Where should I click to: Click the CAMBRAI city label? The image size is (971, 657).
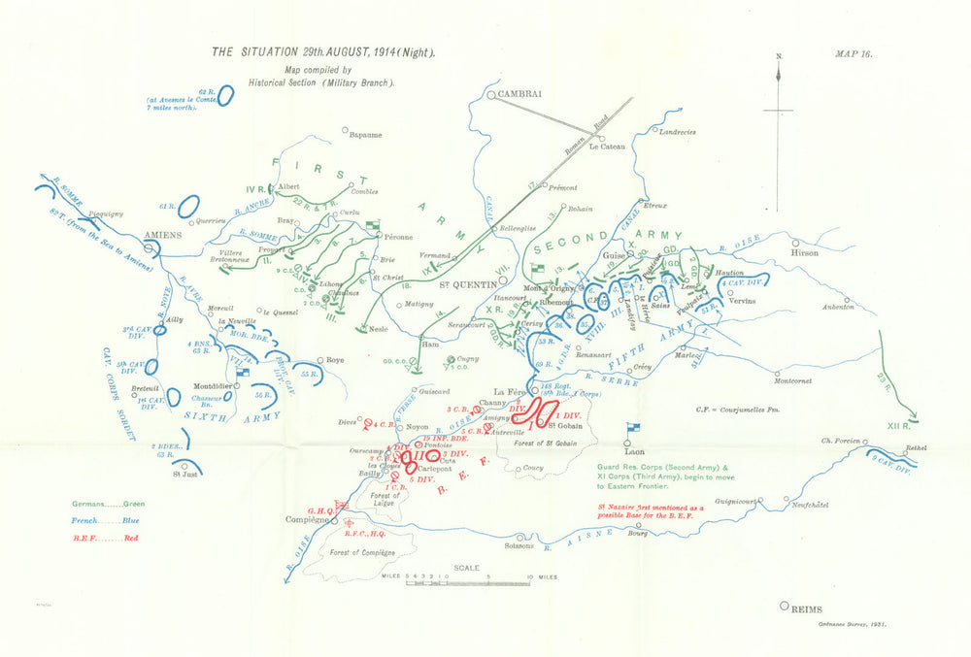coord(519,94)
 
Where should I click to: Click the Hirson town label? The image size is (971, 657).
coord(805,253)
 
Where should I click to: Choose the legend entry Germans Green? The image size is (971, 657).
coord(107,503)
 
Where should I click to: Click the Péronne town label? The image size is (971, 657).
coord(392,237)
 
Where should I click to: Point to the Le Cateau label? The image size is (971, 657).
coord(608,147)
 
